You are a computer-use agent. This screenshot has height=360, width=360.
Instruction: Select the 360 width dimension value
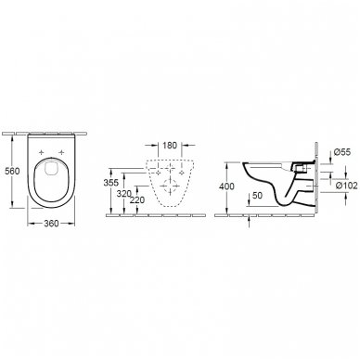click(52, 226)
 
